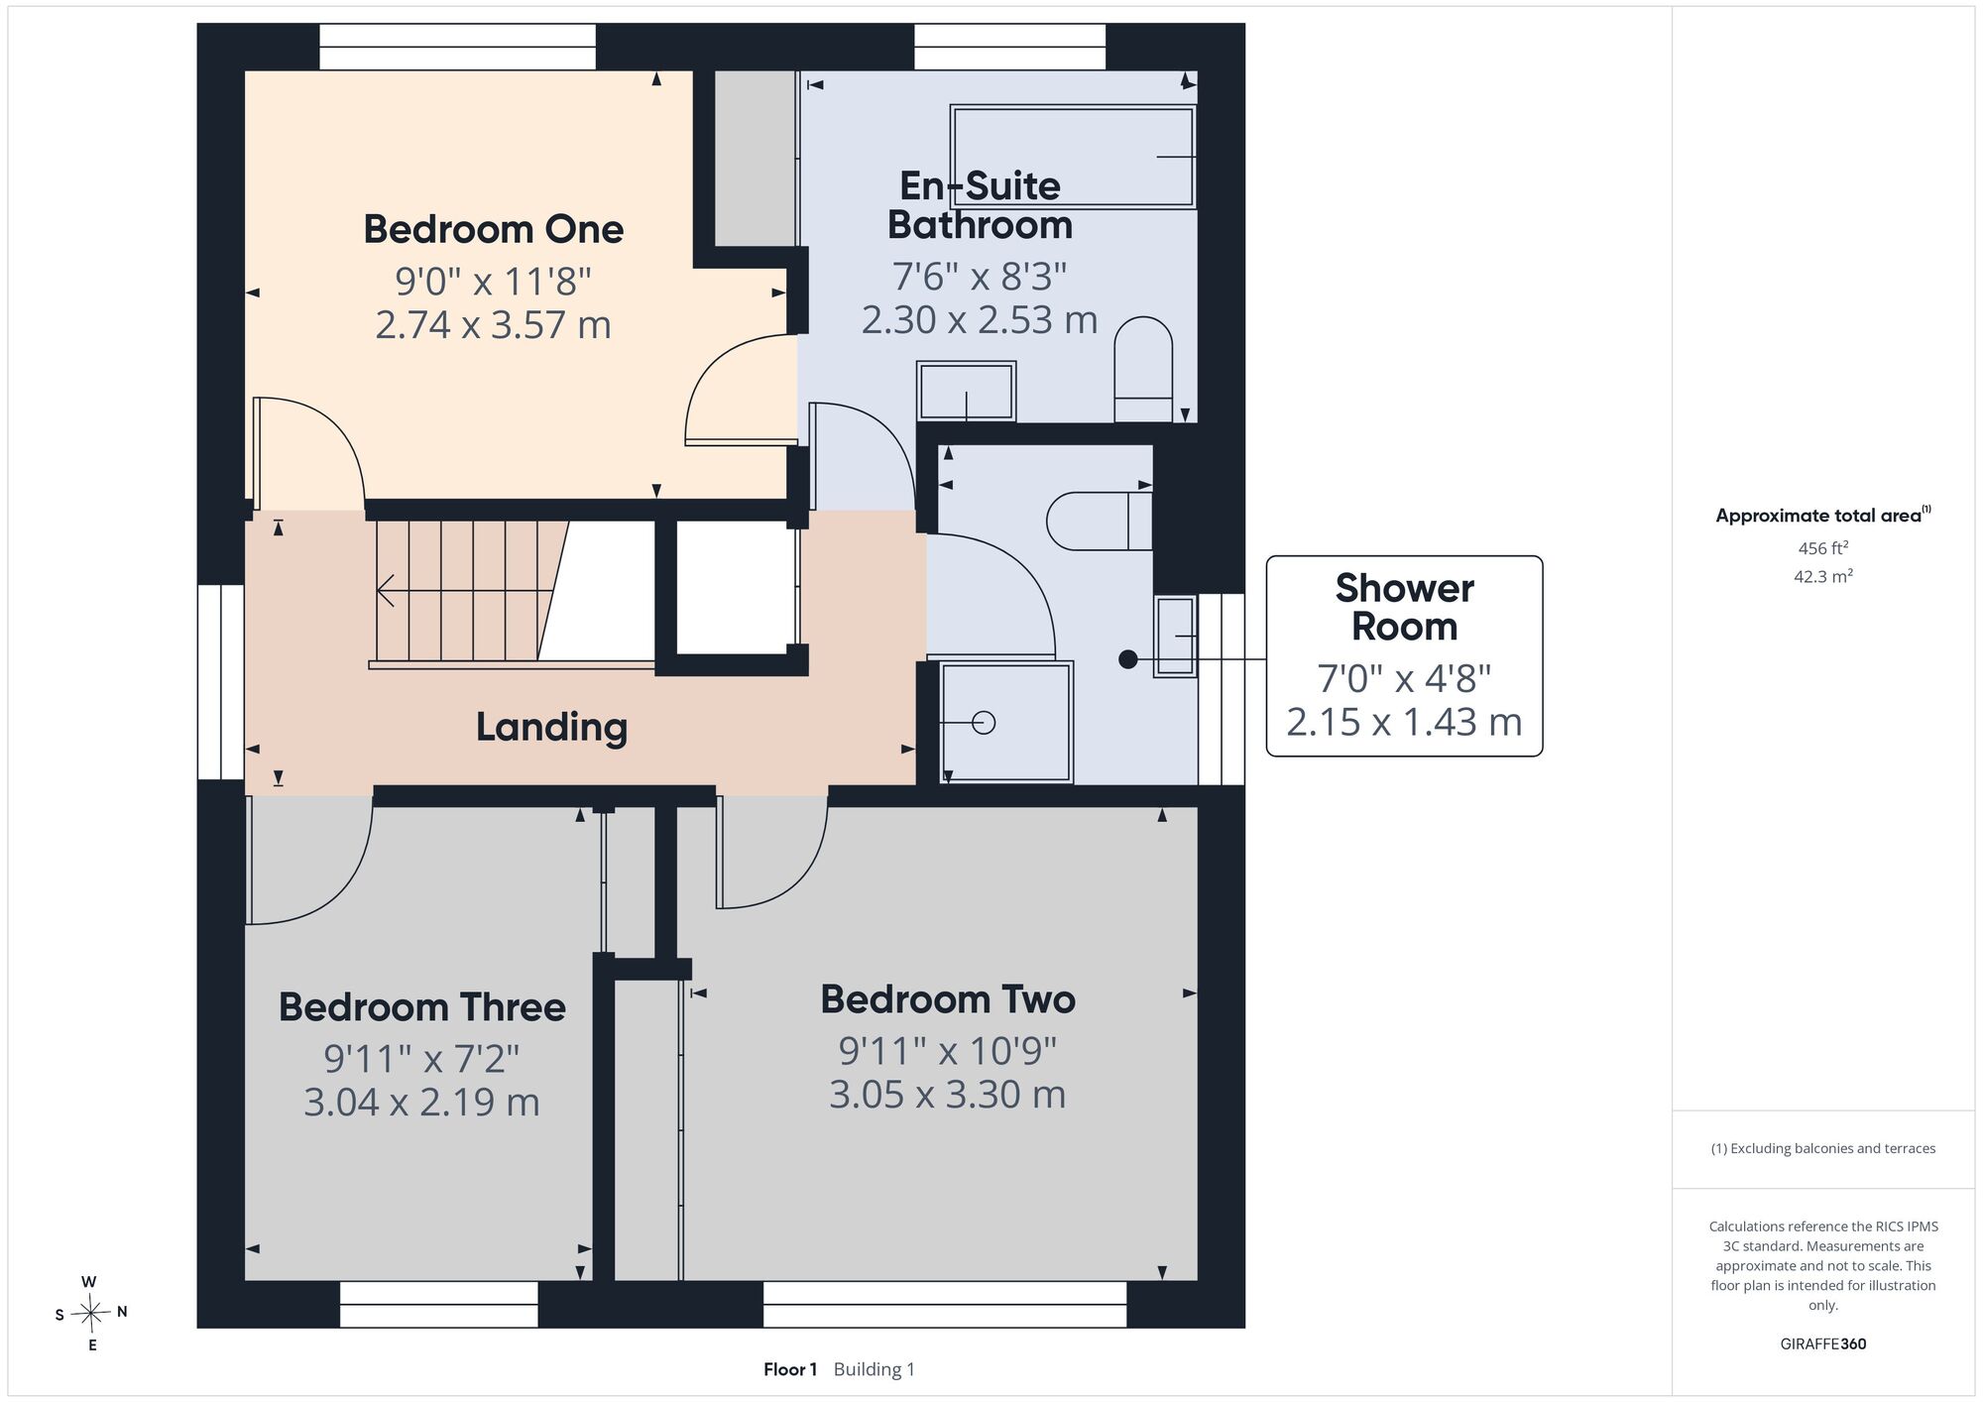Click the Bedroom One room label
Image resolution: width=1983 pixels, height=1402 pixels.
pyautogui.click(x=493, y=229)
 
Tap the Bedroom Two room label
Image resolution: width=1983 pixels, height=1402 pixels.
pyautogui.click(x=948, y=998)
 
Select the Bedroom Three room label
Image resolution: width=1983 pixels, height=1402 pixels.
pyautogui.click(x=422, y=1006)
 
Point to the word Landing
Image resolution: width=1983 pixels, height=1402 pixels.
pyautogui.click(x=551, y=727)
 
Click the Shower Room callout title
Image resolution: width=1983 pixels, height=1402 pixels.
pyautogui.click(x=1404, y=607)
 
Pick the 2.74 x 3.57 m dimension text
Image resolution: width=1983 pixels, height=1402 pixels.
pyautogui.click(x=493, y=325)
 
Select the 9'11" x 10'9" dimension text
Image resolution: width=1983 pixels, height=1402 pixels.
pyautogui.click(x=948, y=1050)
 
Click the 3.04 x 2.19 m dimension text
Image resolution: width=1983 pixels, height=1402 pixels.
pyautogui.click(x=422, y=1103)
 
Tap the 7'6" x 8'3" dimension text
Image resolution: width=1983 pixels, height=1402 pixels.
pyautogui.click(x=980, y=276)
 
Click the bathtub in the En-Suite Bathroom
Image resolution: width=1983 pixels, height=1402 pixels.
pyautogui.click(x=1073, y=157)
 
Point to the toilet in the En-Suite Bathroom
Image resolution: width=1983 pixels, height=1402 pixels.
pyautogui.click(x=1143, y=370)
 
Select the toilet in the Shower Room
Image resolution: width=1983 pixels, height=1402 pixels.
pyautogui.click(x=1100, y=521)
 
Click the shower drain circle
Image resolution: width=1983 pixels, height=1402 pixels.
pyautogui.click(x=984, y=723)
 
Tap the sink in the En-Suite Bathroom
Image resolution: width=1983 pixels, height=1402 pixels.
pyautogui.click(x=966, y=392)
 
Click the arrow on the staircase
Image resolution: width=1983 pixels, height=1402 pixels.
pyautogui.click(x=465, y=591)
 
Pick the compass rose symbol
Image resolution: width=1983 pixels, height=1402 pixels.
pyautogui.click(x=90, y=1314)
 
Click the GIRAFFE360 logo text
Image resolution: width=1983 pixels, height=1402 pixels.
pyautogui.click(x=1823, y=1344)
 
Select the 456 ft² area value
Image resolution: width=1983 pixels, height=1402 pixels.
pyautogui.click(x=1823, y=547)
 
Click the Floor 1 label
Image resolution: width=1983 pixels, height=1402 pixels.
pyautogui.click(x=790, y=1369)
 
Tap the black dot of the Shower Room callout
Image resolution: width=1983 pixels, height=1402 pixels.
pyautogui.click(x=1128, y=659)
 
